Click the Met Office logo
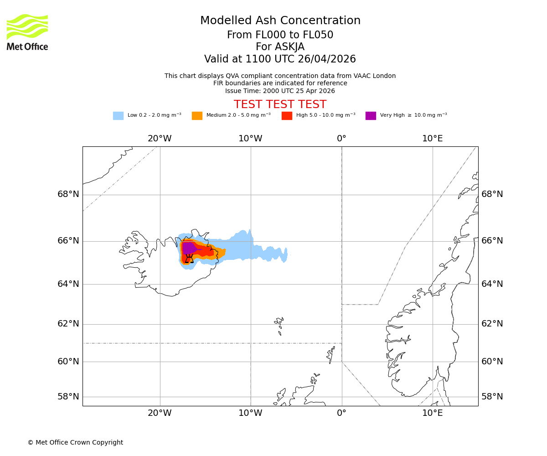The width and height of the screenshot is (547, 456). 27,32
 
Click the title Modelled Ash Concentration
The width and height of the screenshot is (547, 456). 280,21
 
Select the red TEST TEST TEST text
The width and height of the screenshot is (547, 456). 280,105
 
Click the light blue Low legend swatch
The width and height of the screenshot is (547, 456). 118,116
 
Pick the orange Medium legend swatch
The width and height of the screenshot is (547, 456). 197,116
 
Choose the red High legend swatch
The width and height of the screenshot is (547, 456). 287,116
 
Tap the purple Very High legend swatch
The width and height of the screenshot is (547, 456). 371,116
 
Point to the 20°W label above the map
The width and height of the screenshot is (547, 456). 160,139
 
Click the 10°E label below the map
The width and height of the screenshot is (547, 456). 432,413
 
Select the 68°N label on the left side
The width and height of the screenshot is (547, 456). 68,194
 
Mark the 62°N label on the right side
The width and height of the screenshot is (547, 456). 492,324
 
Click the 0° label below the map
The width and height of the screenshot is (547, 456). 341,413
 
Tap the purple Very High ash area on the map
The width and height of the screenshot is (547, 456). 188,248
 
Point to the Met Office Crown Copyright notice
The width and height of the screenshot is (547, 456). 75,442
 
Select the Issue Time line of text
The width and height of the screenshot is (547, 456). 280,91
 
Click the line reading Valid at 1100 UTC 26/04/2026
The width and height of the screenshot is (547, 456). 280,59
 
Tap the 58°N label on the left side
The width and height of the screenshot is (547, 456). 68,396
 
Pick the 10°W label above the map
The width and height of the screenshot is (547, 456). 250,139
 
